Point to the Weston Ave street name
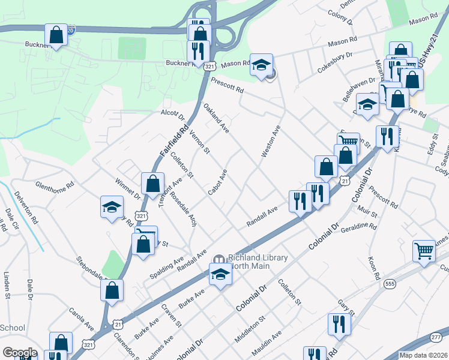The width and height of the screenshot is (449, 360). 271,142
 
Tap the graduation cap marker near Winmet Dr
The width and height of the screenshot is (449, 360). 112,207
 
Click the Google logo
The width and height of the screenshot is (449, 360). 20,353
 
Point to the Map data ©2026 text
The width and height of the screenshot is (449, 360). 424,355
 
